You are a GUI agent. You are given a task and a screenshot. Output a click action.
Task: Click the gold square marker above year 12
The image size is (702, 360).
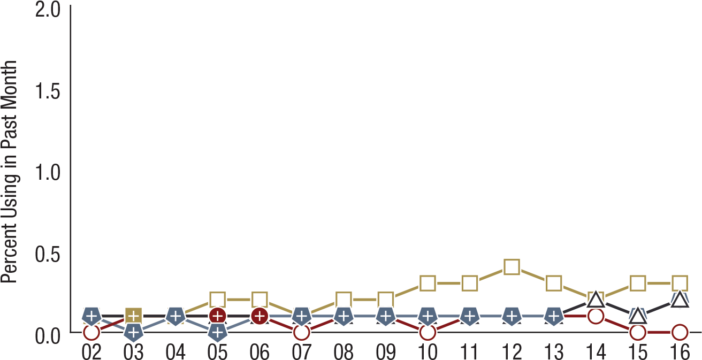click(512, 267)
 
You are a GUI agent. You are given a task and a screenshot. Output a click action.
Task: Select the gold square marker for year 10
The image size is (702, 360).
click(428, 284)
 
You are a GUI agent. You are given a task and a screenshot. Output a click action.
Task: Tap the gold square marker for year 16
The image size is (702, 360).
click(680, 284)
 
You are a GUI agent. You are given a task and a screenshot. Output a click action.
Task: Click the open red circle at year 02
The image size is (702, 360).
click(91, 332)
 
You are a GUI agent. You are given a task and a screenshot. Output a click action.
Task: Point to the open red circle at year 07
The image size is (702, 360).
click(302, 332)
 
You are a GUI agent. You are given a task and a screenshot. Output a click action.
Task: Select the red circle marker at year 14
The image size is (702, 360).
click(596, 316)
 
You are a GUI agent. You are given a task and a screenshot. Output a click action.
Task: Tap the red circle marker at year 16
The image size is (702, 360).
click(680, 332)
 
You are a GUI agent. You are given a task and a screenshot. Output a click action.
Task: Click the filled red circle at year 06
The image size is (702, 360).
click(260, 316)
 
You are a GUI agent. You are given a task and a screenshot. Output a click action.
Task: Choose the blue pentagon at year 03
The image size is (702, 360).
click(134, 333)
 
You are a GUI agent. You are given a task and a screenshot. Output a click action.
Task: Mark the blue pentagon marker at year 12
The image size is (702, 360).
click(512, 316)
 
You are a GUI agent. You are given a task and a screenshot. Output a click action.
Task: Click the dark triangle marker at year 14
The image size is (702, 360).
click(596, 298)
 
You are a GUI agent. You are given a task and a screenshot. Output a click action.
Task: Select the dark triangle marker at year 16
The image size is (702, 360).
click(680, 300)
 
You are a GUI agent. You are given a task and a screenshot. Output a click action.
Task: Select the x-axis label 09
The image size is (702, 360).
click(385, 351)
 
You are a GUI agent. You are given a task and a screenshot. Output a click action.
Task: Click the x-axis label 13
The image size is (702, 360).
click(553, 351)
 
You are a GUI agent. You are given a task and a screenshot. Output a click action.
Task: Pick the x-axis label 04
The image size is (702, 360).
click(175, 351)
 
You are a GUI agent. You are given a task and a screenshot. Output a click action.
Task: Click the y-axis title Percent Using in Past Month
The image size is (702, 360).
click(9, 172)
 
